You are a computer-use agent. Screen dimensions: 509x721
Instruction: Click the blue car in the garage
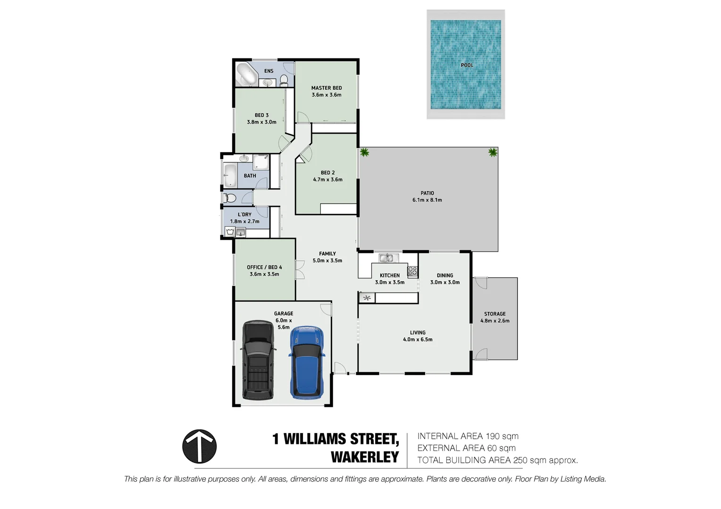[x=307, y=362]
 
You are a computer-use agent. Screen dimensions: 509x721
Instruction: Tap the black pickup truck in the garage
[x=258, y=361]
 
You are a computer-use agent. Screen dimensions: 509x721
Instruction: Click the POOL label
[x=467, y=65]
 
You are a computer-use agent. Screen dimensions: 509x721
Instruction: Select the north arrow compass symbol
[x=200, y=446]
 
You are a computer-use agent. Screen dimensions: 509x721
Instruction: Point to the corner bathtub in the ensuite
[x=246, y=74]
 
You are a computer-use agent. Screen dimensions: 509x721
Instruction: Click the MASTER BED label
[x=327, y=88]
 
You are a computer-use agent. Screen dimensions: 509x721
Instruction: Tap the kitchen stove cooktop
[x=412, y=271]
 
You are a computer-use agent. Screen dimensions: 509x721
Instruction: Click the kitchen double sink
[x=387, y=258]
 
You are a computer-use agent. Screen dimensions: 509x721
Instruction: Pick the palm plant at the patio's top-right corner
[x=493, y=152]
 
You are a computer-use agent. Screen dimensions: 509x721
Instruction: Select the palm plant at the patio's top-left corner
[x=364, y=152]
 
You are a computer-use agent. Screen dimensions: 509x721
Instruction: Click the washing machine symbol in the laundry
[x=230, y=231]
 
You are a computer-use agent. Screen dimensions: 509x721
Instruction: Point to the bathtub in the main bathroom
[x=230, y=176]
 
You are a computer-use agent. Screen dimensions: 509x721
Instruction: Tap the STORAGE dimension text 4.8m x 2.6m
[x=495, y=321]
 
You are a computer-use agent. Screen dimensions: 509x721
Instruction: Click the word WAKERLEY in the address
[x=365, y=457]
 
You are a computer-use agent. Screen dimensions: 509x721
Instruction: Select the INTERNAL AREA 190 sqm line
[x=468, y=436]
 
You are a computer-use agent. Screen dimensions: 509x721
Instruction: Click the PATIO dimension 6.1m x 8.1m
[x=427, y=200]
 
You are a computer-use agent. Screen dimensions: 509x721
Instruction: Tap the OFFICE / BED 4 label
[x=264, y=267]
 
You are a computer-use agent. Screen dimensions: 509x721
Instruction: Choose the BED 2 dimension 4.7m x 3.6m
[x=327, y=180]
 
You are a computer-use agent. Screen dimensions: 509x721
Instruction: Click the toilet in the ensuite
[x=284, y=81]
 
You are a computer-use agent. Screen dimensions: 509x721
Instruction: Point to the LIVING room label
[x=418, y=332]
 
